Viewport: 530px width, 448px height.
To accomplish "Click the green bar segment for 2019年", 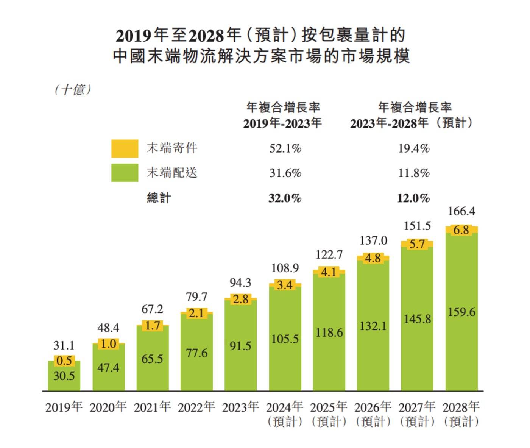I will click(64, 376).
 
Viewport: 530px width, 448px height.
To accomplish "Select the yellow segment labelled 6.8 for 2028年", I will click(461, 230).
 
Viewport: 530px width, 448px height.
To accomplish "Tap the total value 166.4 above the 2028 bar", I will click(461, 211).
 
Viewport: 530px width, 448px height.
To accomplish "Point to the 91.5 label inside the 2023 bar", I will click(240, 346).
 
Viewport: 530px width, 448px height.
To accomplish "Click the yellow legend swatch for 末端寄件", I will click(125, 148).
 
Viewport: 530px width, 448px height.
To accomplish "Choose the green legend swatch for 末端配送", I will click(125, 173).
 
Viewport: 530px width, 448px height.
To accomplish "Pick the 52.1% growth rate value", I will click(285, 148).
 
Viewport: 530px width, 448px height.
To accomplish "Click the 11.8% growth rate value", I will click(413, 173).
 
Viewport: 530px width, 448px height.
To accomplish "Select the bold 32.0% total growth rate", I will click(285, 198).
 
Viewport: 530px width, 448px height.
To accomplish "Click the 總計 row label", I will click(159, 198).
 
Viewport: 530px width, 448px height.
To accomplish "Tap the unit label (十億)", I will click(73, 90).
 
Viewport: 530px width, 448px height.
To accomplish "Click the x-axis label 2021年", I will click(152, 407).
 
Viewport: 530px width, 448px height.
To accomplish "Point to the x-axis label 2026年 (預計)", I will click(373, 414).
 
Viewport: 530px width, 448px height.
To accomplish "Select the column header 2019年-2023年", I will click(282, 123).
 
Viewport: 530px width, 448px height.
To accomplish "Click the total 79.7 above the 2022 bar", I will click(196, 297).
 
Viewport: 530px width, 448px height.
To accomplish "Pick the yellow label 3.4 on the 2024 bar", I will click(285, 285).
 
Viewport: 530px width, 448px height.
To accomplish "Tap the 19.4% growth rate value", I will click(413, 148).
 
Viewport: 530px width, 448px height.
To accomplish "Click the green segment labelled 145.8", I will click(417, 319).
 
